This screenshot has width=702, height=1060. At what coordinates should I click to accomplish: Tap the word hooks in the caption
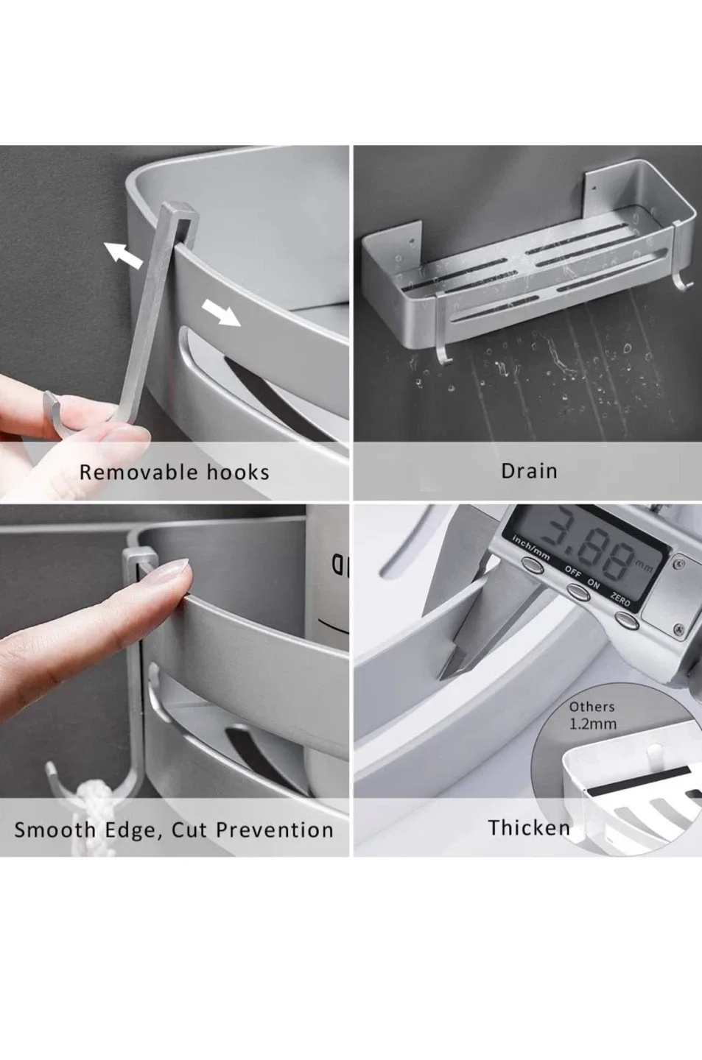[237, 472]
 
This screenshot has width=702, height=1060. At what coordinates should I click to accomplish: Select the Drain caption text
[529, 471]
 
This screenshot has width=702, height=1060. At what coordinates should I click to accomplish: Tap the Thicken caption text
[529, 827]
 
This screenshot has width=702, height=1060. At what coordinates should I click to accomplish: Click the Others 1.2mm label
[592, 715]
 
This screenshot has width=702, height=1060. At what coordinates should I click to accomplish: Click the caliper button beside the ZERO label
[624, 621]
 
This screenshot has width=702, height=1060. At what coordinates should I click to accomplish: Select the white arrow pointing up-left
[123, 255]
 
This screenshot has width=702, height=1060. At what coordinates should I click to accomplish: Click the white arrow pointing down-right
[222, 312]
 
